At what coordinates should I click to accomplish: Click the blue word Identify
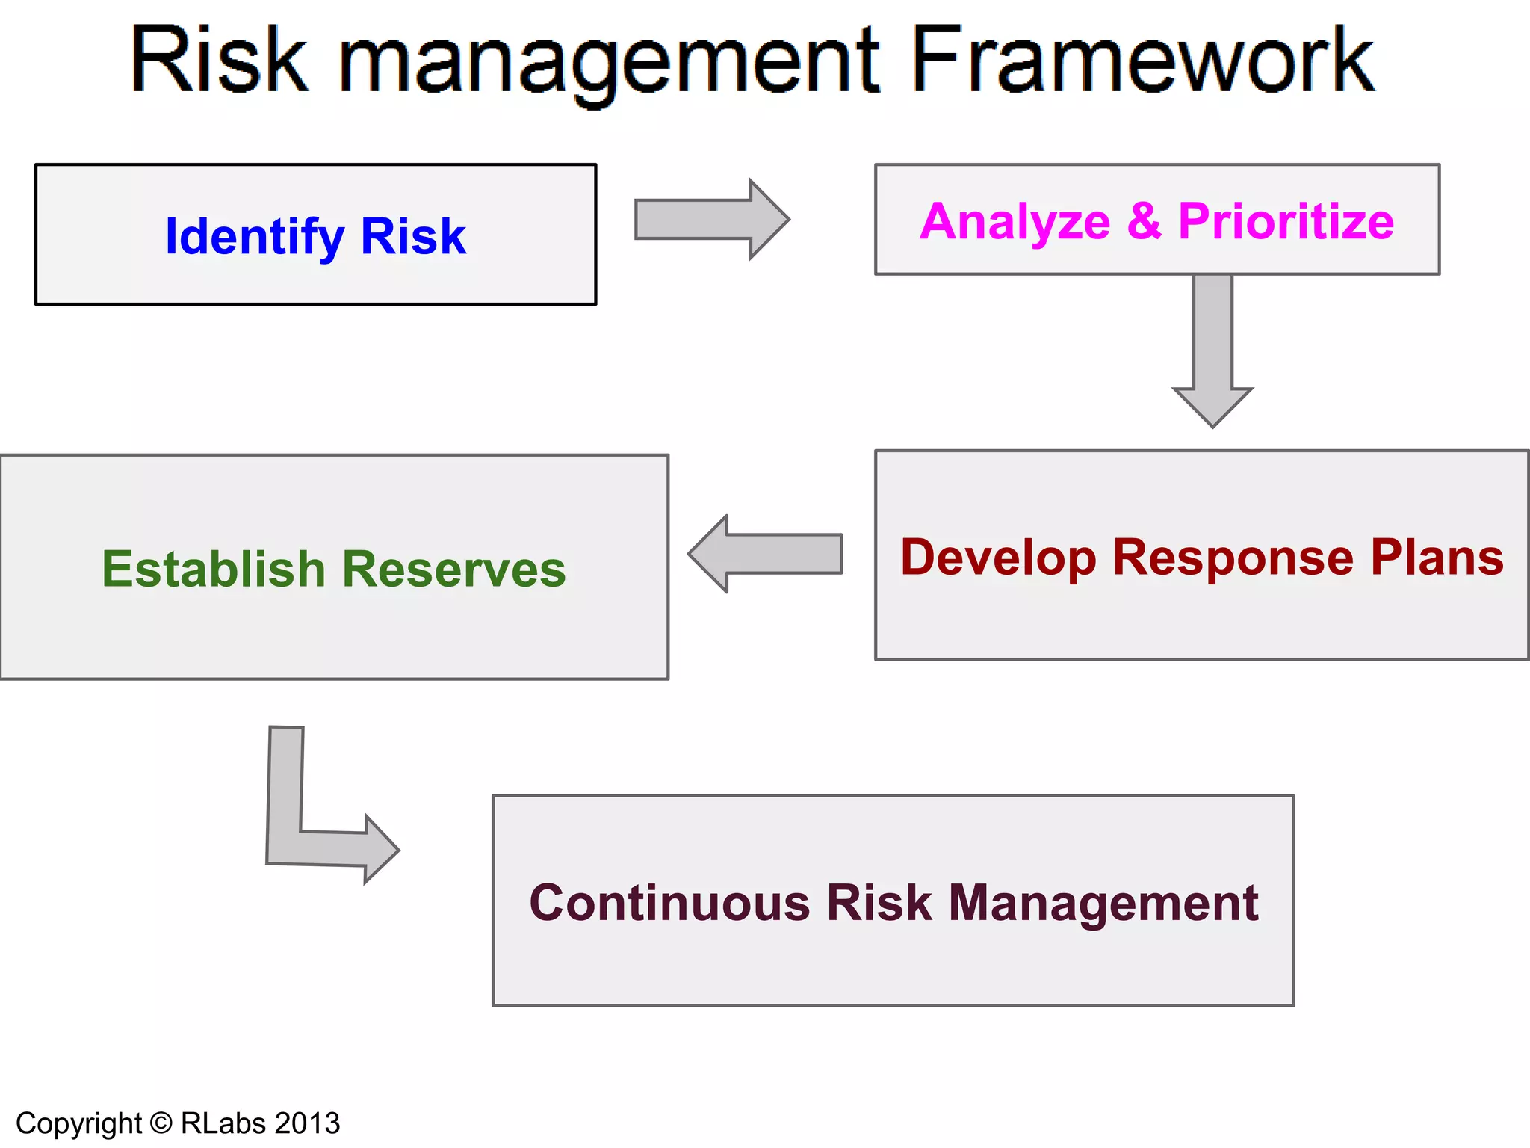click(x=255, y=237)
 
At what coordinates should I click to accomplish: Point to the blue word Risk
click(x=413, y=236)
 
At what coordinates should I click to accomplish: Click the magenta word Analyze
click(x=1015, y=222)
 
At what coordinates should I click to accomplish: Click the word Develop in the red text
click(x=998, y=558)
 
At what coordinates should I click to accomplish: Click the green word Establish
click(x=213, y=570)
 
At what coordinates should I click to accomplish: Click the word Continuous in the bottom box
click(x=669, y=903)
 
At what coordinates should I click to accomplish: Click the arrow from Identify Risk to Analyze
click(x=710, y=220)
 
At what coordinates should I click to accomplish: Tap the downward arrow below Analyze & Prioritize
click(x=1212, y=351)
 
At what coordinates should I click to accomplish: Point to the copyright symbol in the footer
click(x=161, y=1123)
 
